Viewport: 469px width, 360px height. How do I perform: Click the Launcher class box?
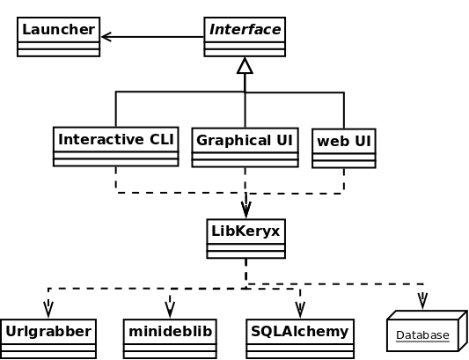[x=59, y=37]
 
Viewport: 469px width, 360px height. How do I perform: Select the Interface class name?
[x=245, y=30]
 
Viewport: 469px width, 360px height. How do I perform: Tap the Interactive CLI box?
[x=116, y=147]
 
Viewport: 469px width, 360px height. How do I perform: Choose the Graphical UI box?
[x=245, y=148]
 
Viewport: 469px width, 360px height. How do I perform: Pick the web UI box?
[x=344, y=149]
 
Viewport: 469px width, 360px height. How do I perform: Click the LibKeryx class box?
[x=245, y=239]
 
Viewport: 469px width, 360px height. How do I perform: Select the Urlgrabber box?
[x=48, y=339]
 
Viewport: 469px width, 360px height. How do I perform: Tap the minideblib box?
[x=170, y=339]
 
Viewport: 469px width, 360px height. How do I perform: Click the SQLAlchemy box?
[x=300, y=339]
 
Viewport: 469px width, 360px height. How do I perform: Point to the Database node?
[x=427, y=331]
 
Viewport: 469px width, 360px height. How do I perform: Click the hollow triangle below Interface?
[x=245, y=65]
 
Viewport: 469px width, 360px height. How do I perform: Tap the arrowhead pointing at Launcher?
[x=106, y=37]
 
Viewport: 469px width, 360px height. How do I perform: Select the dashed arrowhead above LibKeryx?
[x=245, y=209]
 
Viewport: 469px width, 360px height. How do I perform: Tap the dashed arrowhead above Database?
[x=422, y=301]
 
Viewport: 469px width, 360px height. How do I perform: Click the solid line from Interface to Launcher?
[x=152, y=37]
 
